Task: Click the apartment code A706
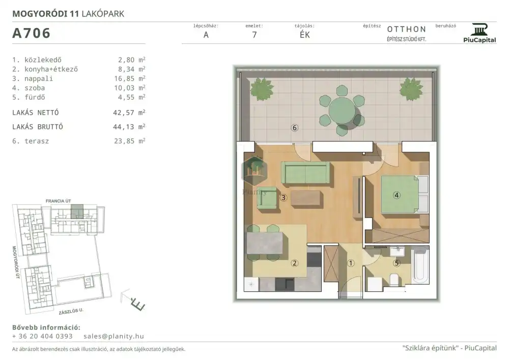click(x=31, y=33)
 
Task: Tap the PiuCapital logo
click(x=479, y=33)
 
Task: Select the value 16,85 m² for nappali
click(x=129, y=78)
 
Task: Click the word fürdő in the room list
click(x=35, y=97)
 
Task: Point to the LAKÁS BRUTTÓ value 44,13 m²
click(x=129, y=127)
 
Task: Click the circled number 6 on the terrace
click(x=294, y=128)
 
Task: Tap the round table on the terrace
click(x=342, y=110)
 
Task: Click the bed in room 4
click(x=405, y=195)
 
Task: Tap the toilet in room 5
click(x=394, y=280)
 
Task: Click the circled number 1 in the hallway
click(x=351, y=263)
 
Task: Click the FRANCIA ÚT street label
click(x=58, y=201)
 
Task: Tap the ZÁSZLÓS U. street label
click(x=71, y=311)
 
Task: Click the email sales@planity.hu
click(x=114, y=336)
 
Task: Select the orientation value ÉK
click(x=304, y=35)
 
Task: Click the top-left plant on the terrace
click(x=262, y=89)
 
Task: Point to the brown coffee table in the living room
click(x=305, y=199)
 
